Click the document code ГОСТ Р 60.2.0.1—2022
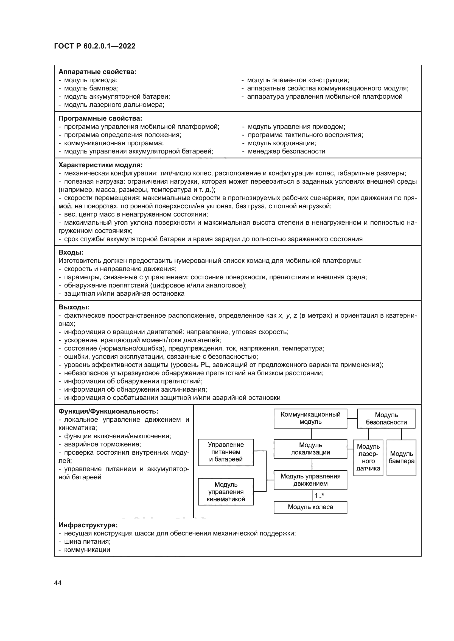tap(95, 46)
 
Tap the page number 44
tap(58, 583)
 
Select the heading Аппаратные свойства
tap(97, 72)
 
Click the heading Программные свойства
tap(100, 118)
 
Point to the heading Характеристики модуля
tap(100, 165)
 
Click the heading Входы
tap(71, 252)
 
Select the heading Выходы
tap(74, 307)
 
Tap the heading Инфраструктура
tap(88, 525)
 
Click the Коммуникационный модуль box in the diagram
tap(310, 418)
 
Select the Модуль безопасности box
tap(386, 418)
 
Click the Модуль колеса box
tap(310, 507)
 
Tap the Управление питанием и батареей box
tap(226, 452)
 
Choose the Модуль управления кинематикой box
tap(226, 492)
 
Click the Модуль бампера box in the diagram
tap(401, 458)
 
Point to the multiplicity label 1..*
tap(319, 495)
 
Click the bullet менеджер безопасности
tap(286, 151)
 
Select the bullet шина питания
tap(87, 542)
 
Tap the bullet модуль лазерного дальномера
tap(114, 105)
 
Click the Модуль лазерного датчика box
tap(368, 458)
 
